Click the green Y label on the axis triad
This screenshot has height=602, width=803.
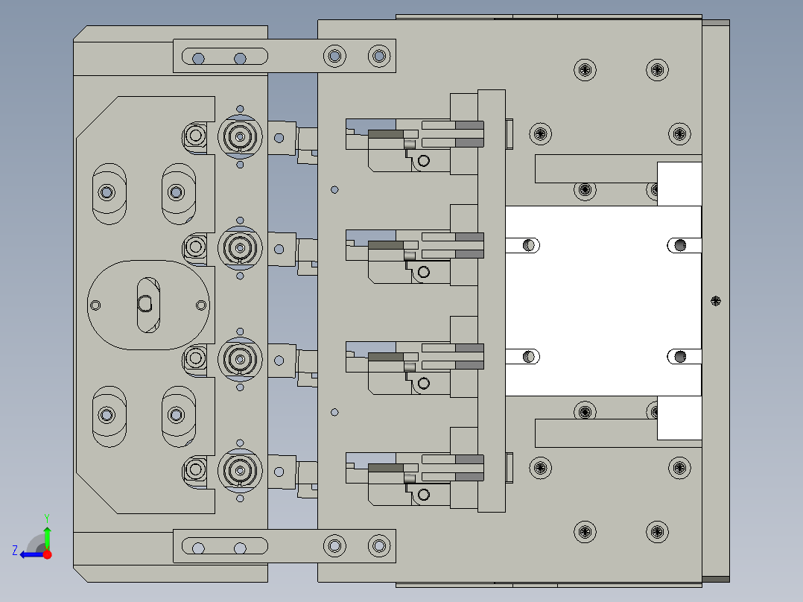(46, 517)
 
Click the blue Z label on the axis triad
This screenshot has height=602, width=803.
(15, 550)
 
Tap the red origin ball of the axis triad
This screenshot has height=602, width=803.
(47, 554)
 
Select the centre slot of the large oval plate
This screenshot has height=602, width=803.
(146, 303)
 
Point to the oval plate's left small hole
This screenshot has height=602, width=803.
(95, 304)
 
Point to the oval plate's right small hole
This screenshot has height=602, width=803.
(200, 304)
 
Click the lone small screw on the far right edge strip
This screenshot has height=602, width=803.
(716, 301)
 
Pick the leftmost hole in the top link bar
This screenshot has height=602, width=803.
(198, 58)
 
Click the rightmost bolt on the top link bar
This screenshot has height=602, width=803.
(379, 55)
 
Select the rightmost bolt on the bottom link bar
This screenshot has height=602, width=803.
(379, 546)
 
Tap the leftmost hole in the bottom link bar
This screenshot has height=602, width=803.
(198, 548)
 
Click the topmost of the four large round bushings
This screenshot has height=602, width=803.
(239, 136)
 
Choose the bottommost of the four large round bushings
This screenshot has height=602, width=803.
(239, 470)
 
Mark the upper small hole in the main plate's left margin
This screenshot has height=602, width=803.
(335, 189)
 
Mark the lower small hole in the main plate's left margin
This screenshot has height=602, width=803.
(335, 412)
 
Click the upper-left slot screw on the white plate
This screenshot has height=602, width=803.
(530, 244)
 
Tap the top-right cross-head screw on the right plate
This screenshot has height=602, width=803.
(657, 70)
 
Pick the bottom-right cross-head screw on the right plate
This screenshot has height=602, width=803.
(657, 532)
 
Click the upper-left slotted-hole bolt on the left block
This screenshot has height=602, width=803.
(107, 192)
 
